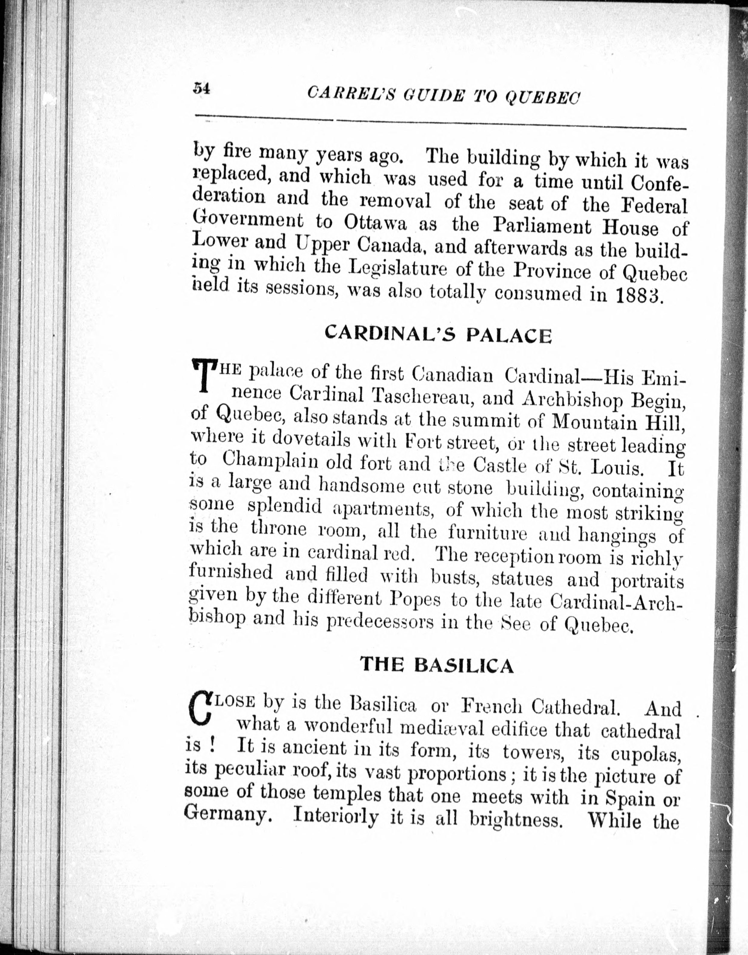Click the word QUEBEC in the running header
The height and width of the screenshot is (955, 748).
coord(542,97)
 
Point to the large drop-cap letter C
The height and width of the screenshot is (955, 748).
coord(199,710)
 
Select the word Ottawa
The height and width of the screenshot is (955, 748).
coord(375,223)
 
